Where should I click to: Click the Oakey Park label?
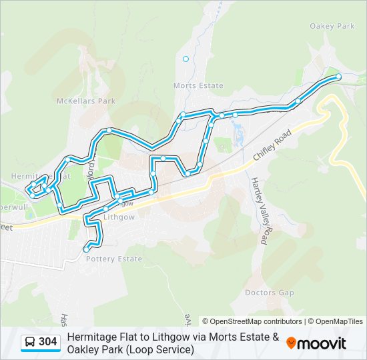[332, 26]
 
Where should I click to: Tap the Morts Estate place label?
[198, 86]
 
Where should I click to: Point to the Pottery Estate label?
[114, 259]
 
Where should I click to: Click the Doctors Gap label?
[269, 293]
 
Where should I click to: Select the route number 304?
[48, 343]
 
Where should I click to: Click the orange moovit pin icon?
[292, 343]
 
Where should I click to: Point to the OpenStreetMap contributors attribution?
[252, 321]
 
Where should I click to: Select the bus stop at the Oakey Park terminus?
[338, 77]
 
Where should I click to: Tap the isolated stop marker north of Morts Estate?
[186, 59]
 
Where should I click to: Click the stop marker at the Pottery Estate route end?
[87, 249]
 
